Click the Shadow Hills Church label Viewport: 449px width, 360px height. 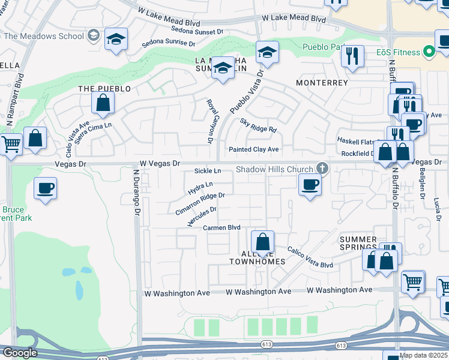[274, 170]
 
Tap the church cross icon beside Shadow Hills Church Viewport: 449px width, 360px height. [322, 169]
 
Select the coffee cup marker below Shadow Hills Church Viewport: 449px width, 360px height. [310, 185]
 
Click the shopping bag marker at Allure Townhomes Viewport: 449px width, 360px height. [262, 242]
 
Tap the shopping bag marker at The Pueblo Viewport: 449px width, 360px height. [103, 103]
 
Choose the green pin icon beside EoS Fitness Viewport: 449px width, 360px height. [429, 52]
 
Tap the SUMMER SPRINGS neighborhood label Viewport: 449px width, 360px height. [358, 243]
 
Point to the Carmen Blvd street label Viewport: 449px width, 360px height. [221, 228]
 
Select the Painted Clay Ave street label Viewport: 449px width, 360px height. [254, 149]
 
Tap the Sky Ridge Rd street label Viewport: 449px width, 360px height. [258, 125]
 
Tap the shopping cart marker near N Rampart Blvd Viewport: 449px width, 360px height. [10, 145]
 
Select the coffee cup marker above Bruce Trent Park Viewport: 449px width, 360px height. [46, 188]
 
